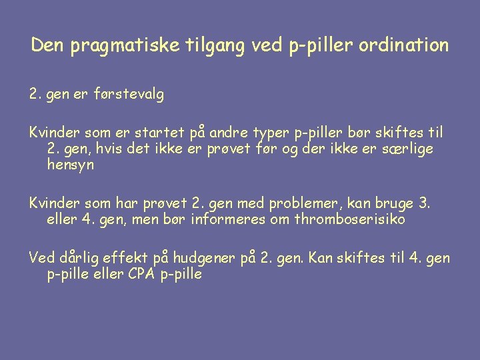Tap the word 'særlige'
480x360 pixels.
pyautogui.click(x=407, y=149)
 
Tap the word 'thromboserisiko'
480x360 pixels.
pyautogui.click(x=349, y=219)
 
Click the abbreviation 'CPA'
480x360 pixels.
pyautogui.click(x=141, y=274)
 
